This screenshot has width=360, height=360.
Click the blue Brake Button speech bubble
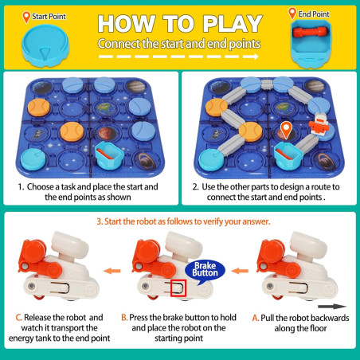205,270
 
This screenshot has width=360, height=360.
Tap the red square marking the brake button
178,288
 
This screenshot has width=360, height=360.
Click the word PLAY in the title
233,24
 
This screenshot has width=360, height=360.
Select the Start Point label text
49,17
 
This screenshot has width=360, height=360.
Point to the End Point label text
314,14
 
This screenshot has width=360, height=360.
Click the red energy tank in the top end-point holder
310,32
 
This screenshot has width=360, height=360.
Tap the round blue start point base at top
45,45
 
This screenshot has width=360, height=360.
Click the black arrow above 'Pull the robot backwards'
332,307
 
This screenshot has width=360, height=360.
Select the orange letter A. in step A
256,318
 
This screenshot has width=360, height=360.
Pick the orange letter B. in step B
124,317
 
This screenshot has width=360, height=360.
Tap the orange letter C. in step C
19,318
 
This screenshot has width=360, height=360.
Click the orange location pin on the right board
286,130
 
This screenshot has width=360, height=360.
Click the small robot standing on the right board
319,124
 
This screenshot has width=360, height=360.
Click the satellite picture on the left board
37,134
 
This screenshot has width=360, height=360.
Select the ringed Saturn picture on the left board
145,160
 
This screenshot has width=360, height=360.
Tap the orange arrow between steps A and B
240,271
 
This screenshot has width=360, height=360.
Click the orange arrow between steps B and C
112,271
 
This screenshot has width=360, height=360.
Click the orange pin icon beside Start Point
26,18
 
